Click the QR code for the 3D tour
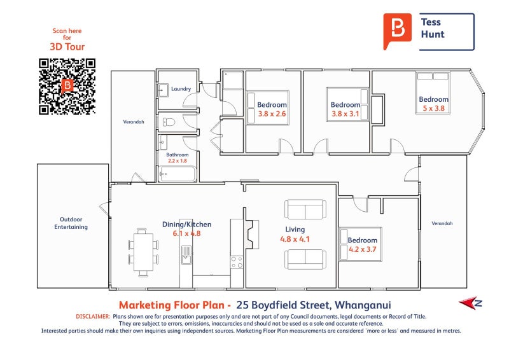click(x=67, y=87)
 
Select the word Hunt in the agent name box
click(x=433, y=34)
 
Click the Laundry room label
click(x=181, y=89)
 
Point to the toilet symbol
click(x=169, y=122)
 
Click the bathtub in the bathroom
click(x=178, y=174)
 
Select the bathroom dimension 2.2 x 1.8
click(x=178, y=161)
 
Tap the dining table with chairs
click(x=143, y=253)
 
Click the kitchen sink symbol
click(x=186, y=255)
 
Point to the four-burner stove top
click(x=237, y=262)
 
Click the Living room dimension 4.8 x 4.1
click(x=295, y=239)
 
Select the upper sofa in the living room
click(x=305, y=209)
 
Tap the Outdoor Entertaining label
click(x=71, y=223)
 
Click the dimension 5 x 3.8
click(x=433, y=108)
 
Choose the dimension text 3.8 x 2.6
click(x=272, y=114)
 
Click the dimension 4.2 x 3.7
click(x=362, y=249)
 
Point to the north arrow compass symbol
click(x=470, y=303)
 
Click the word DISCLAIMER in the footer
click(x=93, y=317)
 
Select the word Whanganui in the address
click(x=363, y=305)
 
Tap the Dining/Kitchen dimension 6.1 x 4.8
click(x=186, y=233)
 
